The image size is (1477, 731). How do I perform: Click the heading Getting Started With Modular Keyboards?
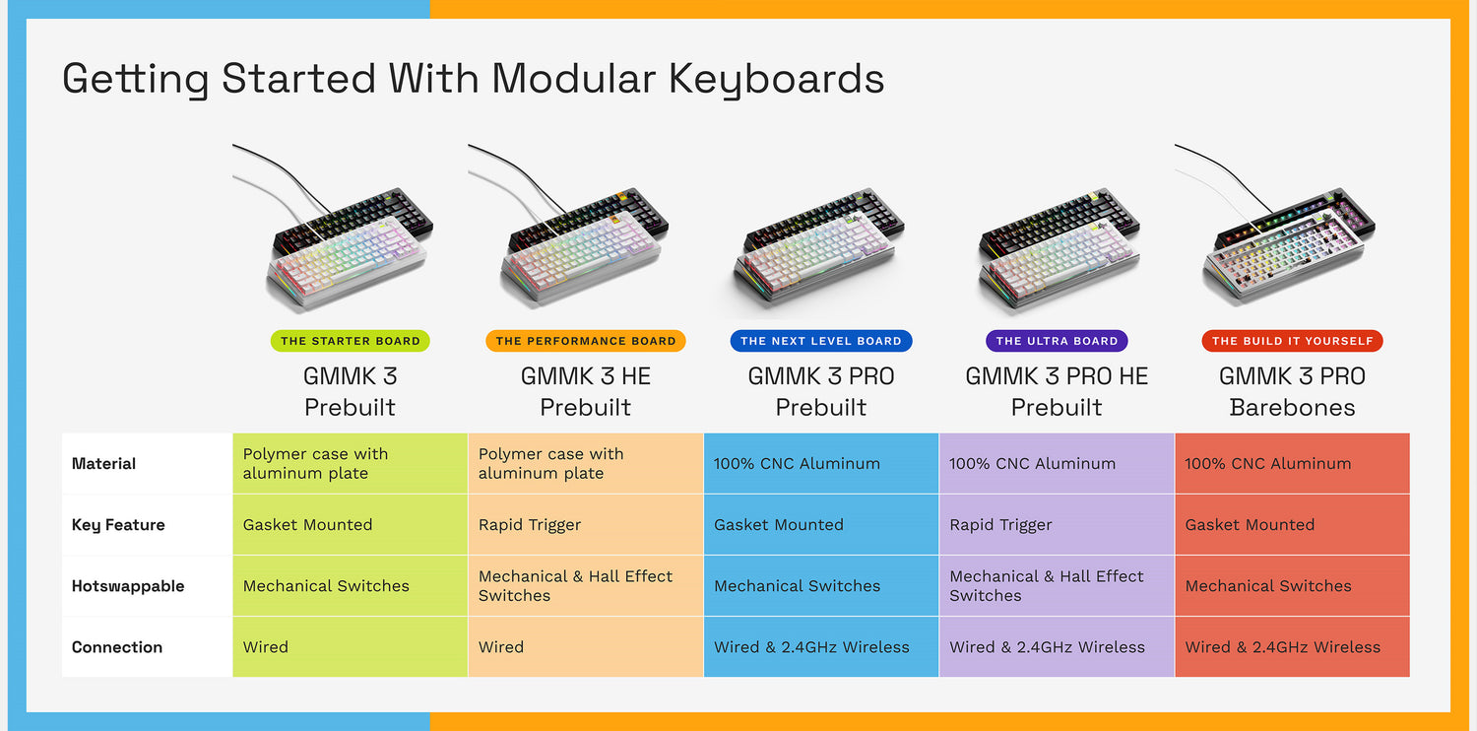473,79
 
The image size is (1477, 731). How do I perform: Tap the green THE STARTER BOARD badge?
351,341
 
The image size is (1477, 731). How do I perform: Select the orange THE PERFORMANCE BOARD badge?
586,341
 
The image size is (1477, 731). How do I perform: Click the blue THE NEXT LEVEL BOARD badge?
821,341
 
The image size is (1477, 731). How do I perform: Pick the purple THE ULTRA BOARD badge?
1057,341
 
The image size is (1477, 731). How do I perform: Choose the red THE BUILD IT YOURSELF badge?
1292,341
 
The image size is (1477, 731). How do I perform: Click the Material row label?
104,464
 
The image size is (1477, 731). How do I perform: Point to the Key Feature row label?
118,525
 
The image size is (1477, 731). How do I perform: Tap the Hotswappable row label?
128,586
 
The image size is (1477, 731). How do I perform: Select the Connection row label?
117,647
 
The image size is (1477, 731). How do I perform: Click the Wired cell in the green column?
266,647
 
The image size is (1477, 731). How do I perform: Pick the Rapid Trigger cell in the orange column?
530,525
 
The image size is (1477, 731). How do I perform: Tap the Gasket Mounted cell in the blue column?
779,525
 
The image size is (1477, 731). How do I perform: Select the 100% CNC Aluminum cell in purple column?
1032,464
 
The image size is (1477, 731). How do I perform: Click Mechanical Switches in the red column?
1268,586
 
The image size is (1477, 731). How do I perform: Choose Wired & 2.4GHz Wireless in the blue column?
811,647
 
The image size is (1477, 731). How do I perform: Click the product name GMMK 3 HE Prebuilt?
586,391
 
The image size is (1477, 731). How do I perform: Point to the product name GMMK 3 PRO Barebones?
1292,391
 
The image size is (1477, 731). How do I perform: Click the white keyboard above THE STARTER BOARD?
345,261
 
